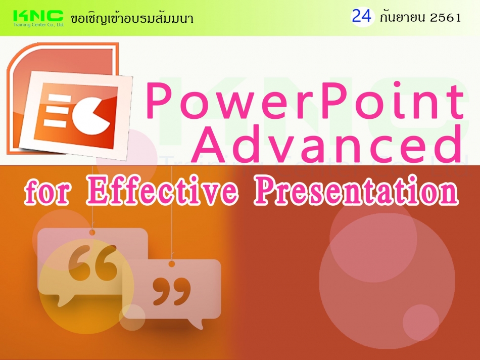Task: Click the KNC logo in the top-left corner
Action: point(38,15)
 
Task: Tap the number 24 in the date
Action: point(362,17)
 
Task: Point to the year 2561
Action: point(445,18)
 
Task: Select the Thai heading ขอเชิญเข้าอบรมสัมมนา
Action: point(132,19)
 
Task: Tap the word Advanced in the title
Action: point(329,145)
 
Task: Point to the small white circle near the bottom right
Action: point(420,322)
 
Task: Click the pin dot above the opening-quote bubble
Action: point(92,232)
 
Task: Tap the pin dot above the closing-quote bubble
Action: point(172,263)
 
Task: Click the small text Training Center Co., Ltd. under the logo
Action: point(38,24)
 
